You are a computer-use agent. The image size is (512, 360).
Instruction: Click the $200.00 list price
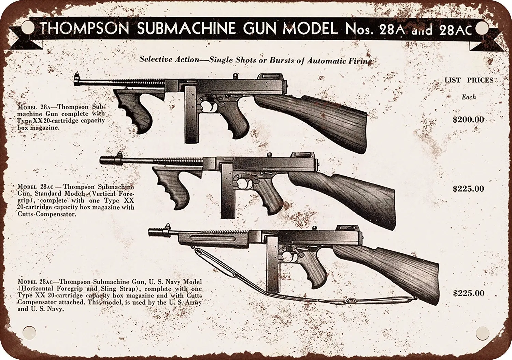tap(468, 120)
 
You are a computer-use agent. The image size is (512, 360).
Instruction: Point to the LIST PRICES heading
tap(469, 80)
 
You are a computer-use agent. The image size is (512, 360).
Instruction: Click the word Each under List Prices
tap(469, 97)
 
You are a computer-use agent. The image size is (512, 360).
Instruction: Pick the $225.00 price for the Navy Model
tap(469, 293)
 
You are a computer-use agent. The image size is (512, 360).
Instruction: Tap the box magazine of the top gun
tap(191, 114)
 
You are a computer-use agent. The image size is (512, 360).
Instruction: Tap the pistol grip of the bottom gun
tap(318, 270)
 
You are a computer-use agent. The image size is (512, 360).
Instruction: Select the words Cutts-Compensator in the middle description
tap(46, 214)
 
